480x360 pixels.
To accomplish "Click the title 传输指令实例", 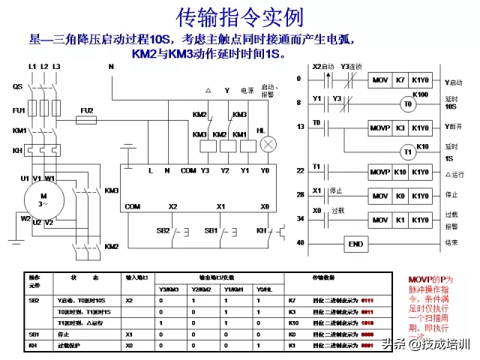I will coord(239,16).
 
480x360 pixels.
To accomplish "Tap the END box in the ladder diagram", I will coord(355,244).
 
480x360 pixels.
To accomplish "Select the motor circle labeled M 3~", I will coord(34,199).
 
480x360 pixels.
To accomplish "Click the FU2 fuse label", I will coord(88,110).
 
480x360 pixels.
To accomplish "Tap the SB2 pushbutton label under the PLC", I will coord(163,229).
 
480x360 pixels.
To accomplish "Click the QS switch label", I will coord(17,86).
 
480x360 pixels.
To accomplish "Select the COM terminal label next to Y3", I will coord(187,171).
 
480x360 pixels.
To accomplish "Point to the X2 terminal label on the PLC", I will coord(172,206).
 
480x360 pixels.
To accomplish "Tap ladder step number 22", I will coord(300,171).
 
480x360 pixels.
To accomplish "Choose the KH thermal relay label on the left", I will coord(17,151).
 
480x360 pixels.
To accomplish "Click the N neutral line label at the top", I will coord(111,67).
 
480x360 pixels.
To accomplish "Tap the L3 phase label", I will coord(56,67).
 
